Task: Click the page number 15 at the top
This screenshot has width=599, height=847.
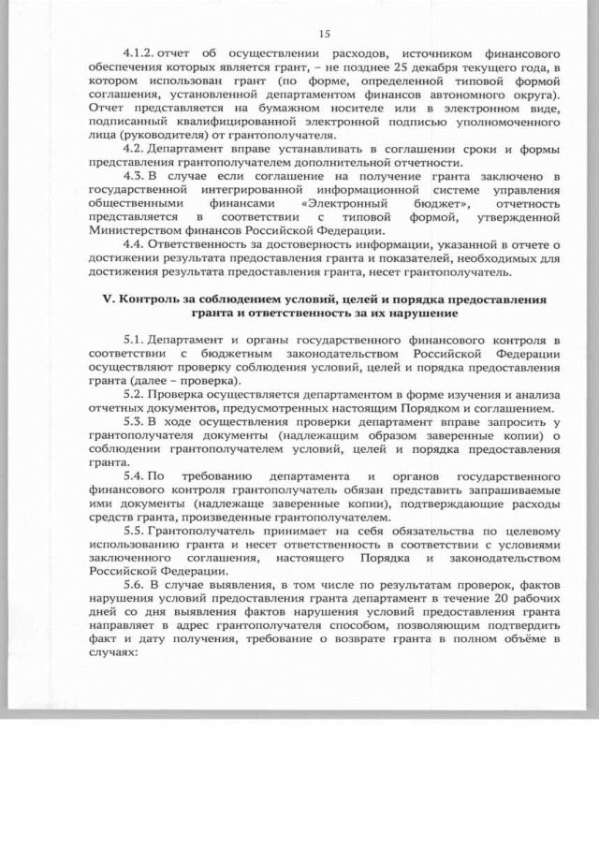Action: (x=325, y=34)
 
